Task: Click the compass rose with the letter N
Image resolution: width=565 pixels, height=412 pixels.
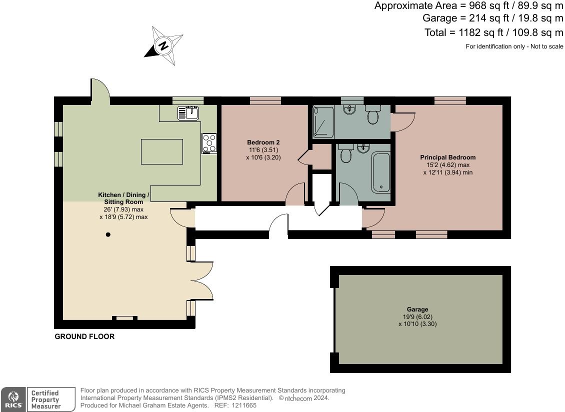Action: point(164,46)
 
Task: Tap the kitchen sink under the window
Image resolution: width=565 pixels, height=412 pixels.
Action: point(188,113)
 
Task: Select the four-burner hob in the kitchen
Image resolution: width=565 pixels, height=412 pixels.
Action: point(209,143)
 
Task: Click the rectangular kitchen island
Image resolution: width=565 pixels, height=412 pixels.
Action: point(161,152)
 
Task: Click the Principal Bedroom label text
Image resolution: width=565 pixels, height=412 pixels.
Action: point(447,157)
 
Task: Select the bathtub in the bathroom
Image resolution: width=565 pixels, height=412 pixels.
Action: point(380,173)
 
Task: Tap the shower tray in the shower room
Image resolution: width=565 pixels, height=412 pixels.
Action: point(322,122)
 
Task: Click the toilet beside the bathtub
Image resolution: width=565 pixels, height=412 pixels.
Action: point(345,154)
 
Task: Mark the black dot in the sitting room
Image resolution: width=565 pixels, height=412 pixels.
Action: point(107,234)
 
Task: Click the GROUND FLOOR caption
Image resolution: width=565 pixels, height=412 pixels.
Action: point(84,336)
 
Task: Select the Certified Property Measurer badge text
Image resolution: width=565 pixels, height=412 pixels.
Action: point(45,399)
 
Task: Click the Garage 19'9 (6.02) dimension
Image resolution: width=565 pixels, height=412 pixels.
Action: point(417,316)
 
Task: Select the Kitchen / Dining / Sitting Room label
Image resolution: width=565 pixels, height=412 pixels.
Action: point(123,198)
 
